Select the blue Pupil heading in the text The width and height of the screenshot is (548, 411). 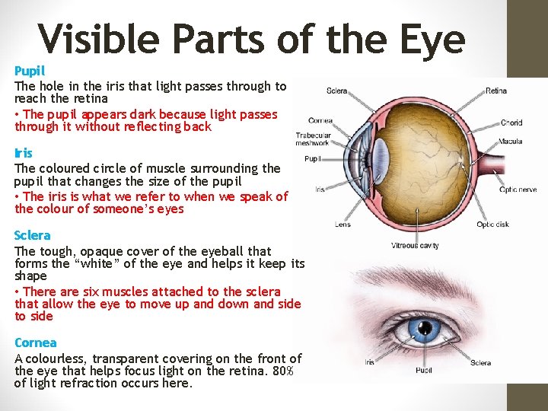(x=30, y=71)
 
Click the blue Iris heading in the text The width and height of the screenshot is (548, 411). (x=23, y=153)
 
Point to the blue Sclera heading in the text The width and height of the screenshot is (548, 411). (x=32, y=235)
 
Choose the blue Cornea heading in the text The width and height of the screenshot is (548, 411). (x=35, y=342)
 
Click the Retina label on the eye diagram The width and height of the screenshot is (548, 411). (x=495, y=91)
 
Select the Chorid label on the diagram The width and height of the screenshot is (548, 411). (x=511, y=122)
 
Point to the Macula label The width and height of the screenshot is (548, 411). (x=510, y=142)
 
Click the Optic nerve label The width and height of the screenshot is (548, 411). (x=518, y=190)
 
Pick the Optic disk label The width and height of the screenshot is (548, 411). (x=493, y=224)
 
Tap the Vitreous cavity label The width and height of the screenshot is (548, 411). (x=415, y=245)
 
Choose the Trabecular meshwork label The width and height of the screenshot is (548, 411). (x=314, y=139)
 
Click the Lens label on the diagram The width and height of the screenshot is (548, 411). (x=342, y=224)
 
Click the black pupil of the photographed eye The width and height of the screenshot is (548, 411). (x=419, y=327)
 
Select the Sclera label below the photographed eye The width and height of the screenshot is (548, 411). (x=480, y=363)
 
